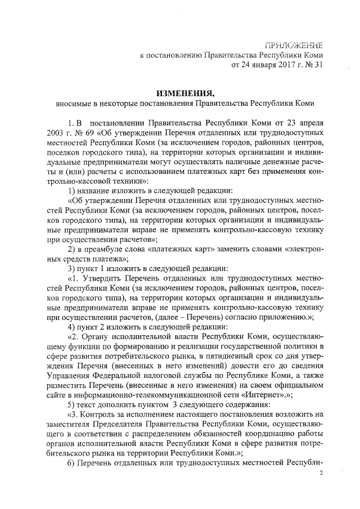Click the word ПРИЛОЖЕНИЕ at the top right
click(298, 44)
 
